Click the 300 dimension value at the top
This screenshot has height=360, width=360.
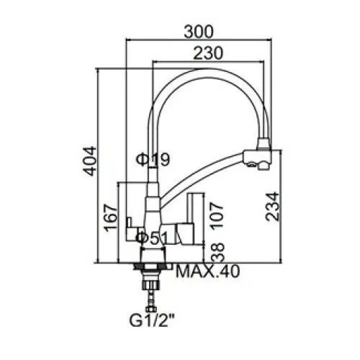[199, 32]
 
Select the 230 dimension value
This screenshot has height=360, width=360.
[208, 53]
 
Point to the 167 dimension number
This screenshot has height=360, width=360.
[111, 218]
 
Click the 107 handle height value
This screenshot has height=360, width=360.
[217, 216]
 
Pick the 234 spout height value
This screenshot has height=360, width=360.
[273, 207]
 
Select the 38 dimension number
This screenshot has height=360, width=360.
[217, 253]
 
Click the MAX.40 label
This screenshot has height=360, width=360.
[208, 271]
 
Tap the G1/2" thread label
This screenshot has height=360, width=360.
[152, 320]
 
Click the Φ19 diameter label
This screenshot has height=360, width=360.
[153, 159]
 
